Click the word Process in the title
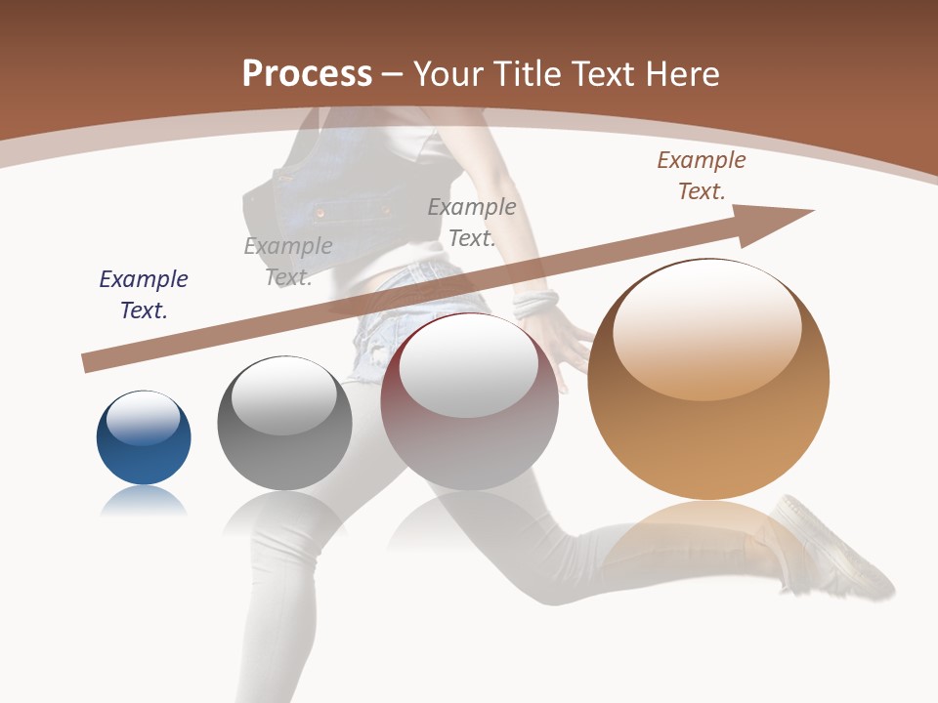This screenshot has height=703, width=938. pyautogui.click(x=307, y=74)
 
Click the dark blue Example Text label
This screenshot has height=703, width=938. pyautogui.click(x=144, y=294)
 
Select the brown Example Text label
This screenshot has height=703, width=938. pyautogui.click(x=701, y=176)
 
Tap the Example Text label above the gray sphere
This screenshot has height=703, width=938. pyautogui.click(x=288, y=262)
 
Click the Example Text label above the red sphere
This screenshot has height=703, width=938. pyautogui.click(x=472, y=222)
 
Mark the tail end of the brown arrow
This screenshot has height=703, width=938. pyautogui.click(x=88, y=363)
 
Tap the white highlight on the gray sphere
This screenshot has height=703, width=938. pyautogui.click(x=283, y=396)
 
